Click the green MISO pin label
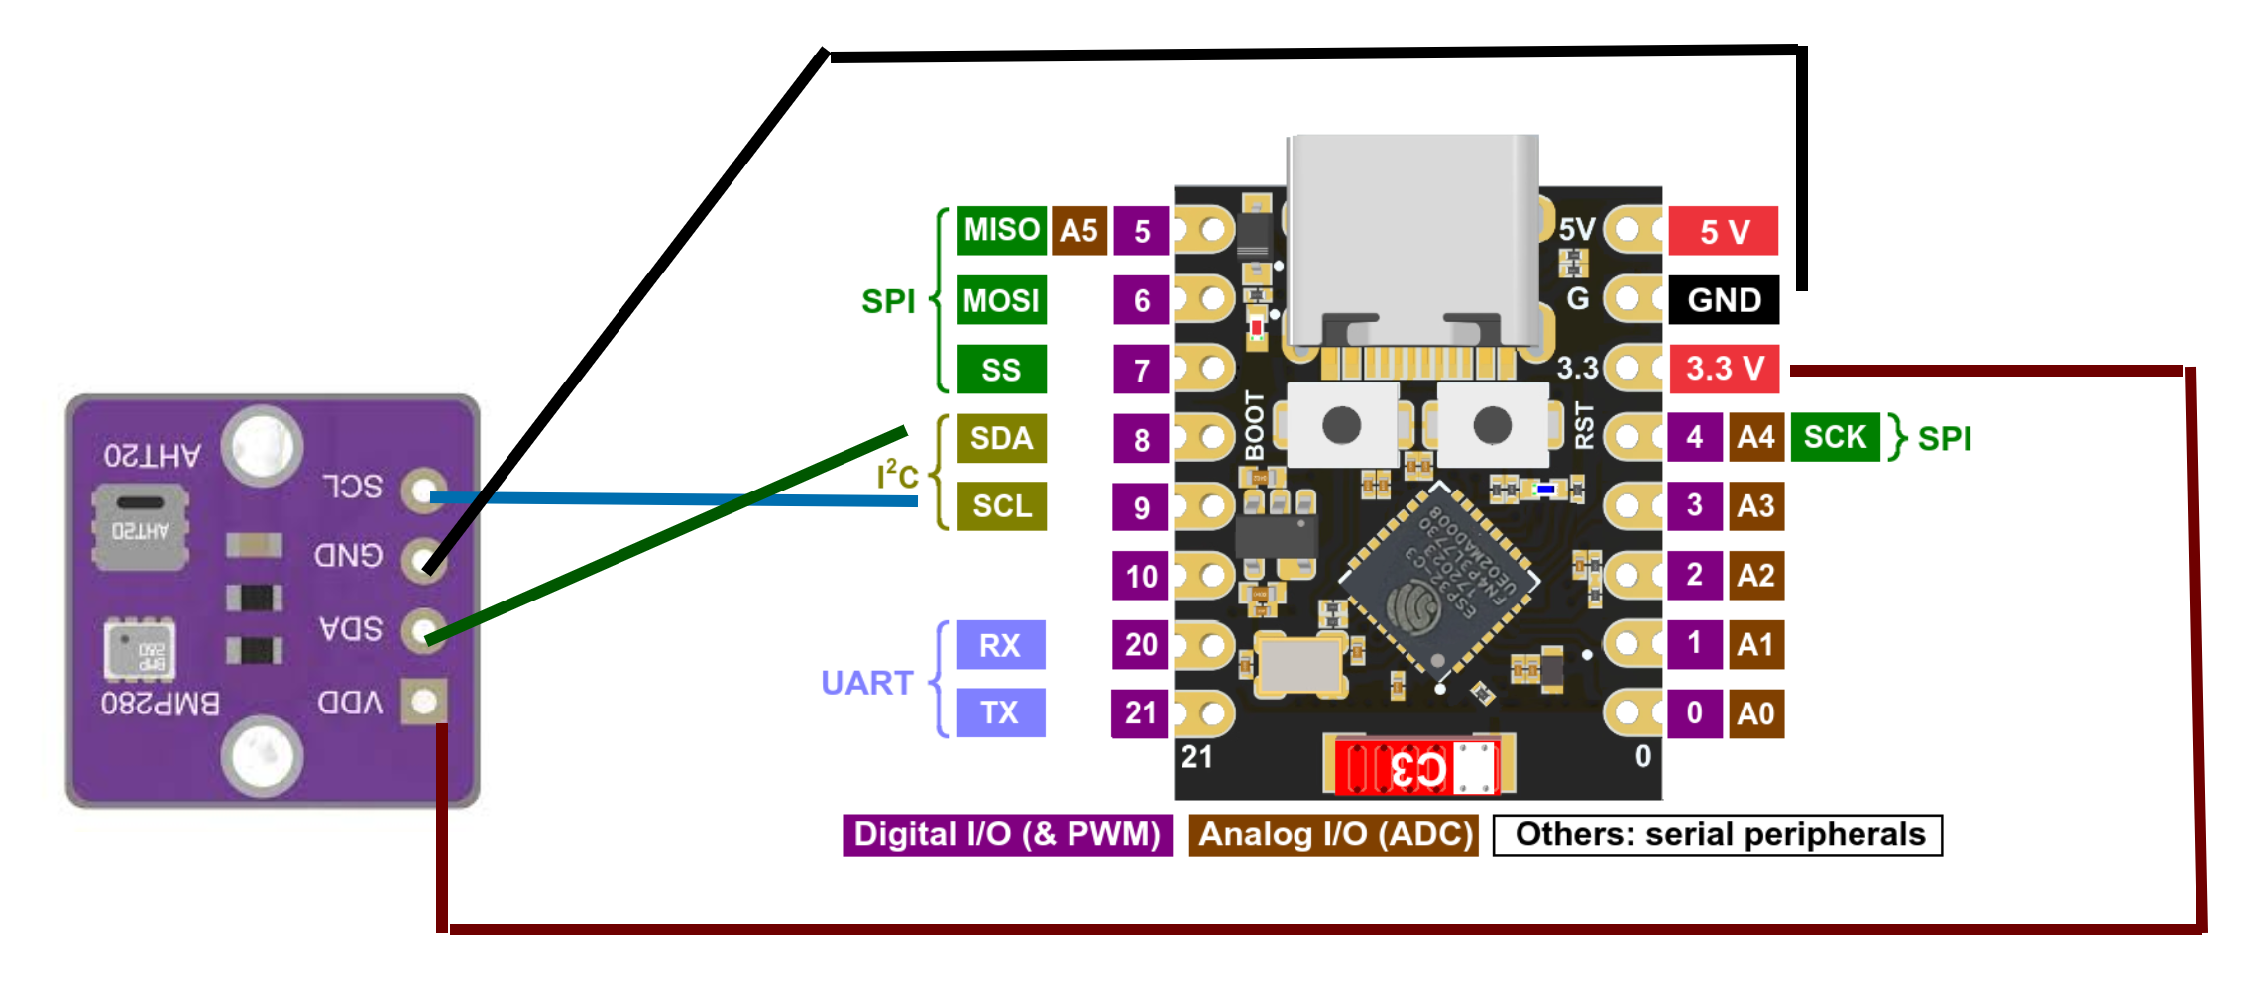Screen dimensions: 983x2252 pos(1001,230)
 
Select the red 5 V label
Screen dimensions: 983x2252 pos(1724,232)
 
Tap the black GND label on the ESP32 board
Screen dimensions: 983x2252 pos(1724,300)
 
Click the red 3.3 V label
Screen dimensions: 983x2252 pos(1724,369)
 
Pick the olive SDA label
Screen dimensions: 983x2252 pos(1001,438)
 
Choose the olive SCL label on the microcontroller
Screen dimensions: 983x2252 pos(1001,506)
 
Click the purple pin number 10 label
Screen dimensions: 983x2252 pos(1141,576)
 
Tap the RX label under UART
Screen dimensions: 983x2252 pos(999,645)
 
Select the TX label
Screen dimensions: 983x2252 pos(999,712)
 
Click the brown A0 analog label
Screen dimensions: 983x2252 pos(1755,713)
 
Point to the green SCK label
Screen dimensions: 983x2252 pos(1835,437)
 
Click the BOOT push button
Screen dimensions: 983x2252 pos(1341,426)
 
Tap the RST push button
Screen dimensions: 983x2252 pos(1492,426)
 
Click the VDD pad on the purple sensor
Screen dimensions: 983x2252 pos(424,702)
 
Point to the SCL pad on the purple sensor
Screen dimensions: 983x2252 pos(424,490)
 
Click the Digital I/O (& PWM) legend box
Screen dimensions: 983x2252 pos(1007,834)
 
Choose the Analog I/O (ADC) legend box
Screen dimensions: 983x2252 pos(1334,834)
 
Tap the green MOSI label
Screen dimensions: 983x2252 pos(1001,300)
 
